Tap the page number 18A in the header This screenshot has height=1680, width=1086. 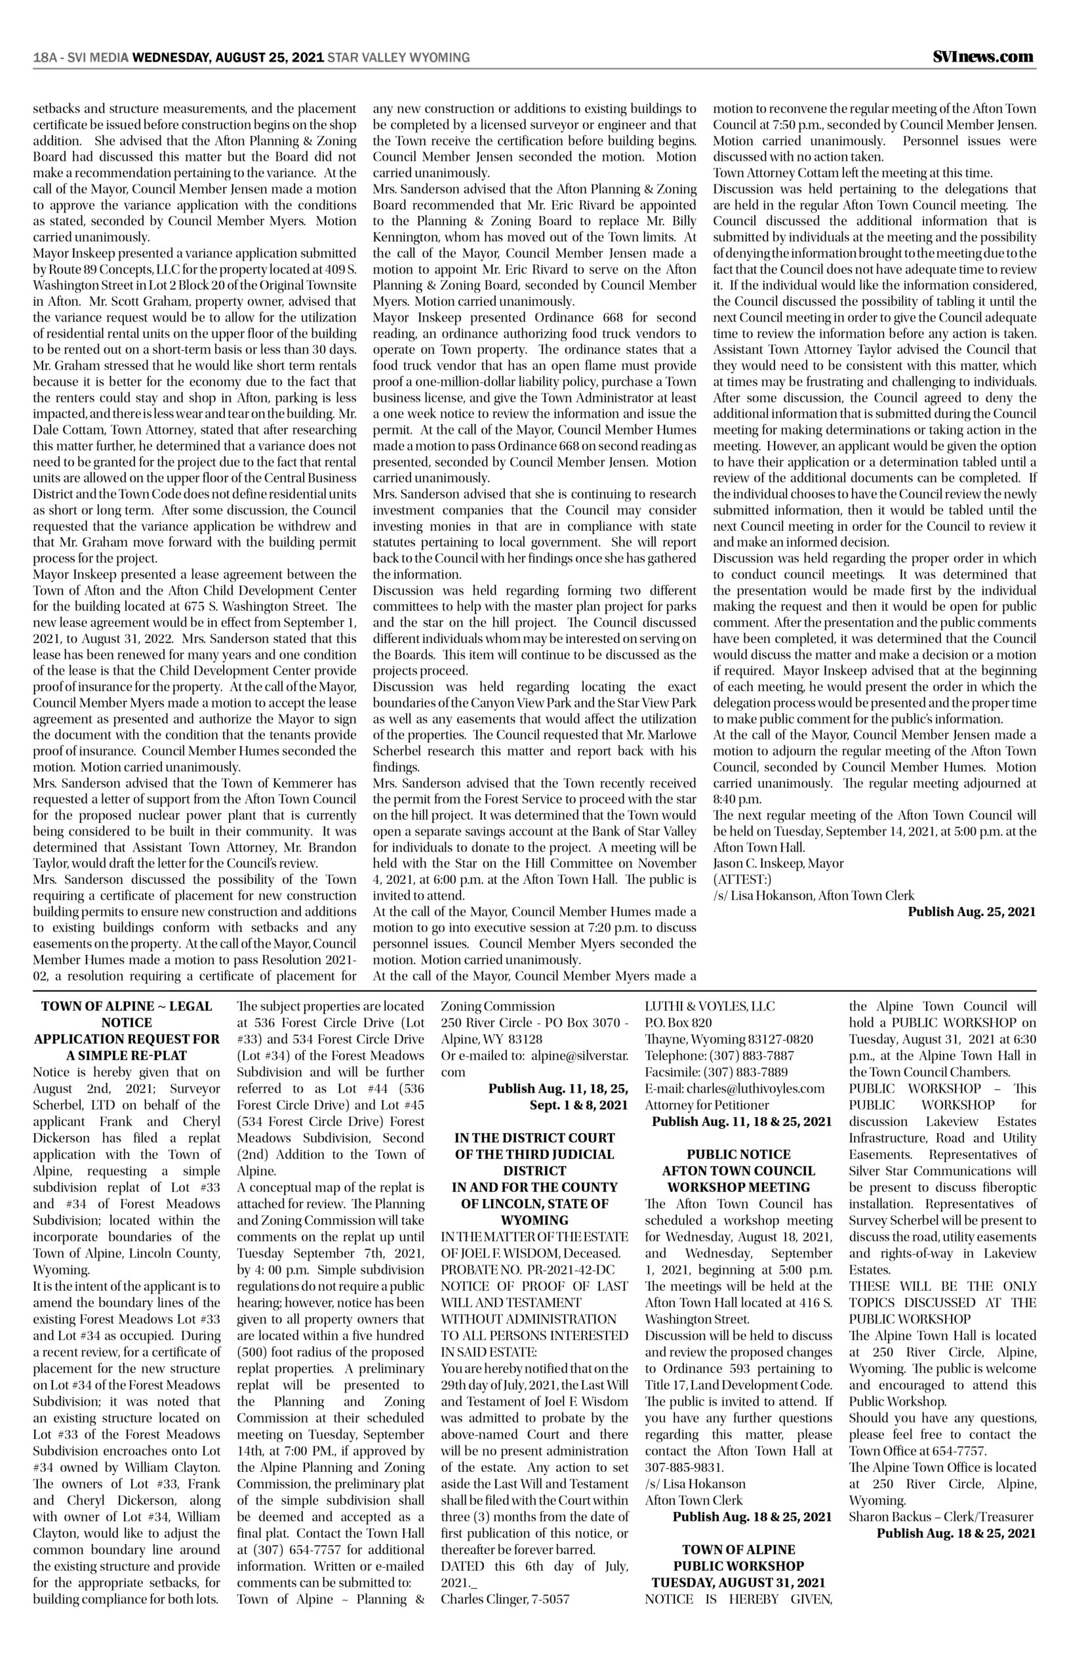pos(45,58)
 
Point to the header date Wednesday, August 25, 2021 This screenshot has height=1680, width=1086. pos(228,58)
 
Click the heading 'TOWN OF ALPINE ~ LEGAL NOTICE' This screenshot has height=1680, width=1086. pos(127,1014)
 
